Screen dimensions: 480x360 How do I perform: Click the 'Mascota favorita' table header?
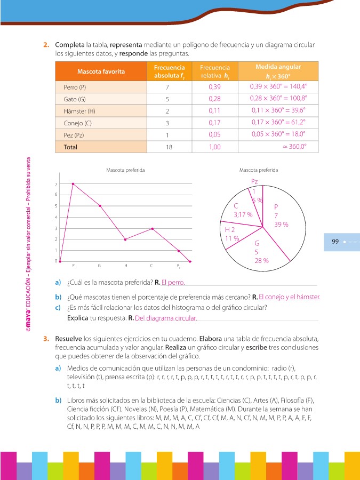coord(101,71)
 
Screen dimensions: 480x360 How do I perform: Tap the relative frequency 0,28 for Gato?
coord(214,99)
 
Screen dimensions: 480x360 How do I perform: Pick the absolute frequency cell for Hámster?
coord(167,111)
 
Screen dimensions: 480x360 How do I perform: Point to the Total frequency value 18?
coord(167,147)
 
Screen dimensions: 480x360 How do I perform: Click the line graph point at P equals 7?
coord(73,184)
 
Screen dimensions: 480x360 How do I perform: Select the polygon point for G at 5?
coord(99,206)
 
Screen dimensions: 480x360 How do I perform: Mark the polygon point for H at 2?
coord(125,239)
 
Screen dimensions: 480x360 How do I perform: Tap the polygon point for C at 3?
coord(152,228)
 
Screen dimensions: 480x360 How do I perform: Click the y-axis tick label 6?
coord(56,195)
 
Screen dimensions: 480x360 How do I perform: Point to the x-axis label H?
coord(125,266)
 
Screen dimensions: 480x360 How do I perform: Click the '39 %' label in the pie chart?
coord(281,225)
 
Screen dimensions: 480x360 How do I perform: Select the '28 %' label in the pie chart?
coord(261,261)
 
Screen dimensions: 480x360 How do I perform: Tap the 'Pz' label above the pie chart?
coord(254,182)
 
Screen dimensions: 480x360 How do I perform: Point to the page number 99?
coord(335,242)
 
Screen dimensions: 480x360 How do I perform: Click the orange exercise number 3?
coord(47,339)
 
